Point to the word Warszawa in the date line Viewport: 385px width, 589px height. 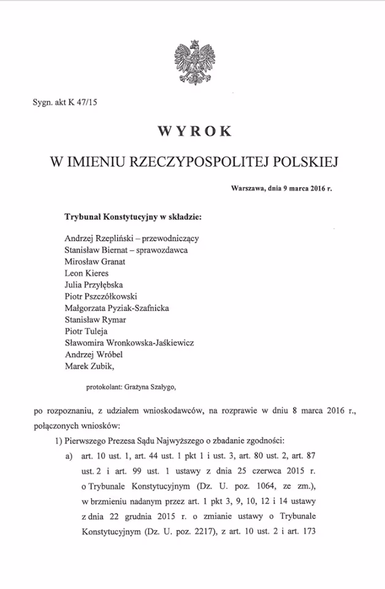click(248, 190)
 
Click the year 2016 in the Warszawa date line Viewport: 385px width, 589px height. click(315, 190)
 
